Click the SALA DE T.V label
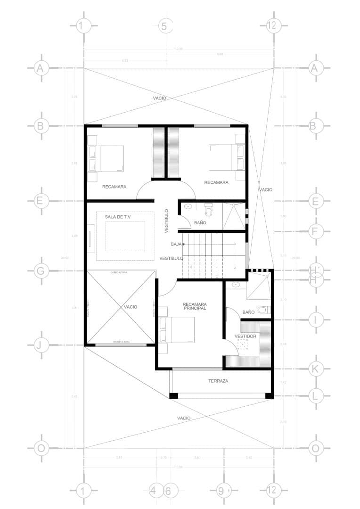pyautogui.click(x=117, y=217)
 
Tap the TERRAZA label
pyautogui.click(x=218, y=381)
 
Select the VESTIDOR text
pyautogui.click(x=245, y=336)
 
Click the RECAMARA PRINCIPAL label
pyautogui.click(x=195, y=306)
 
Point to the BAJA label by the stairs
pyautogui.click(x=176, y=244)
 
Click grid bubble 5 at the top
pyautogui.click(x=164, y=26)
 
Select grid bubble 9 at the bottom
pyautogui.click(x=221, y=491)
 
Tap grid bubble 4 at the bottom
pyautogui.click(x=153, y=491)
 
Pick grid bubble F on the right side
pyautogui.click(x=315, y=231)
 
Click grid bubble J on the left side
pyautogui.click(x=41, y=345)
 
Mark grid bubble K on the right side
pyautogui.click(x=315, y=369)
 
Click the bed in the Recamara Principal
pyautogui.click(x=177, y=330)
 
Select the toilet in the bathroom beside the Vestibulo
pyautogui.click(x=209, y=208)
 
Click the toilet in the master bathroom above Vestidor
pyautogui.click(x=265, y=310)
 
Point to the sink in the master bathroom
pyautogui.click(x=236, y=285)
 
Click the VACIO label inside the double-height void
pyautogui.click(x=131, y=307)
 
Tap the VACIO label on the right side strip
pyautogui.click(x=265, y=189)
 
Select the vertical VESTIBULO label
pyautogui.click(x=166, y=220)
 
